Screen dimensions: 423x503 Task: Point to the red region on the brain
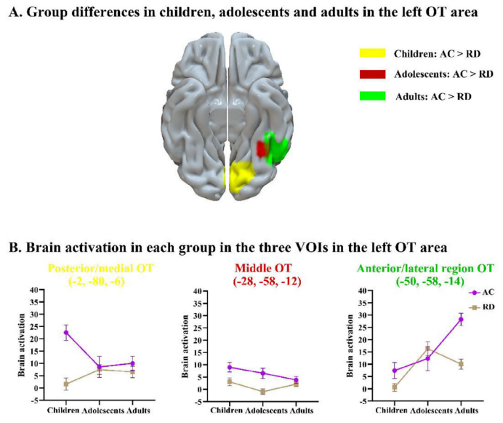(x=262, y=149)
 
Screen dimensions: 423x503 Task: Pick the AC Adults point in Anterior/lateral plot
(x=461, y=320)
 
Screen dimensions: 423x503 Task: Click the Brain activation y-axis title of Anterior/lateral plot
(x=352, y=347)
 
